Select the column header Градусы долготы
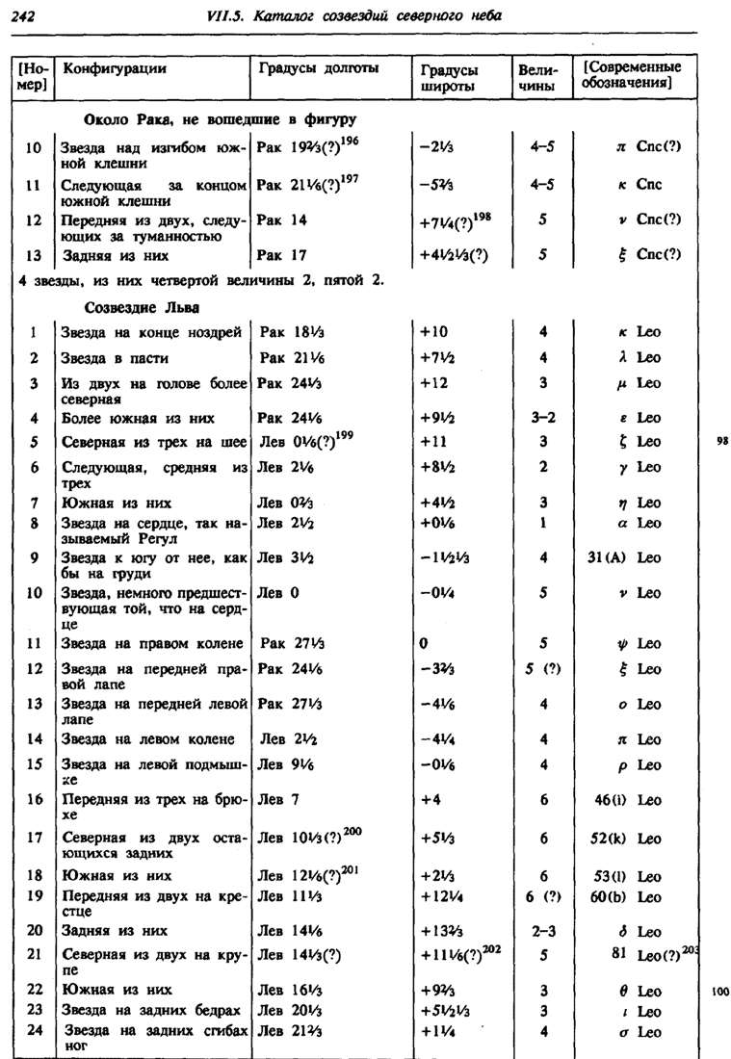(x=318, y=68)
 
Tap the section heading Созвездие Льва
(x=143, y=308)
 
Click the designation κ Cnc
(x=640, y=184)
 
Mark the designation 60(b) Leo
(x=628, y=896)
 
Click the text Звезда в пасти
(x=116, y=358)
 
